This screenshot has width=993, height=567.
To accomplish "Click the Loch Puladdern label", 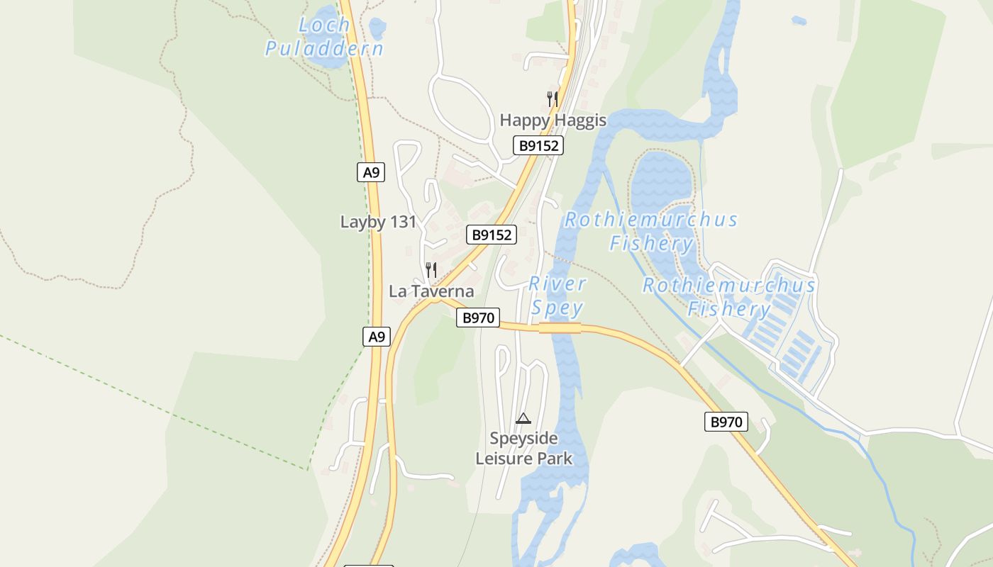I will click(x=324, y=37).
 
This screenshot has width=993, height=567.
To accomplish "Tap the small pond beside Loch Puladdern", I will click(x=377, y=28).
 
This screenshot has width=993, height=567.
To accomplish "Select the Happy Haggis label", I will click(x=553, y=120).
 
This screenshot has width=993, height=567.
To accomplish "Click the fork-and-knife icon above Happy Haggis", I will click(x=553, y=99).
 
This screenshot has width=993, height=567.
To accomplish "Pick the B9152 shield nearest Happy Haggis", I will click(x=538, y=146).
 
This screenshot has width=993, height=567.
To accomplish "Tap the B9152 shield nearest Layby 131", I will click(x=492, y=235).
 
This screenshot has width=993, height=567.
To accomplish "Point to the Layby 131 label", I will click(x=379, y=222).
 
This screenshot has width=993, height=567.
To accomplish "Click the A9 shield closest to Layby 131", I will click(x=371, y=172).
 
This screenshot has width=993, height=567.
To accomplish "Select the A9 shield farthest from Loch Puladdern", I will click(x=377, y=337).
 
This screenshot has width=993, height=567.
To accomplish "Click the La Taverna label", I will click(x=431, y=291).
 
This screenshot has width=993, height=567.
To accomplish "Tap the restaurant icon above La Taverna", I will click(x=431, y=270).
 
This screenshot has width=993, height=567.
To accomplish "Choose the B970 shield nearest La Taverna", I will click(x=478, y=318).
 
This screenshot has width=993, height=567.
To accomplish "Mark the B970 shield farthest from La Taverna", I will click(x=726, y=422).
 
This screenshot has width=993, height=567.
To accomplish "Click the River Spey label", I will click(x=557, y=296).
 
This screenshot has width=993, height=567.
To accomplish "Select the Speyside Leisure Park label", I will click(x=523, y=448).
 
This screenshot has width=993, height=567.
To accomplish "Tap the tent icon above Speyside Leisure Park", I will click(x=523, y=418).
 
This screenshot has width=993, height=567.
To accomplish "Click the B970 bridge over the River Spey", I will click(x=560, y=327).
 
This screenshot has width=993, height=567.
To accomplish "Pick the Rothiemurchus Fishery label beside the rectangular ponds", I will click(x=729, y=297).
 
